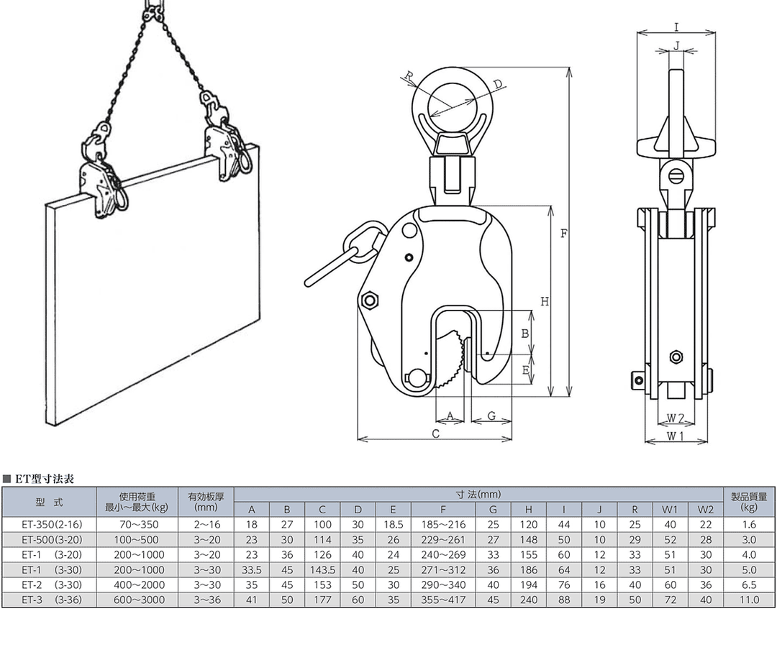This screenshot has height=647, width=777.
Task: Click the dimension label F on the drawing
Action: click(x=563, y=233)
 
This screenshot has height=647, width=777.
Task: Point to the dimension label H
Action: click(x=545, y=301)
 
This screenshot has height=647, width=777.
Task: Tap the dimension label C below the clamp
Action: click(x=435, y=433)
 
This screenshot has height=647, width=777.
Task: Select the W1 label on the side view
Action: click(x=675, y=436)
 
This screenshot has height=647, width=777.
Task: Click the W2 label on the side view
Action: click(x=675, y=418)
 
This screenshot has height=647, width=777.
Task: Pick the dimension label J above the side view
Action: click(x=677, y=46)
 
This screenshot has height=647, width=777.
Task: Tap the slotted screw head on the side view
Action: click(x=676, y=175)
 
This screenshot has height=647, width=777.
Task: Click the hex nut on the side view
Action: click(x=676, y=357)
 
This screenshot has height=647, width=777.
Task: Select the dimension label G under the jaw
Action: click(x=491, y=416)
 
